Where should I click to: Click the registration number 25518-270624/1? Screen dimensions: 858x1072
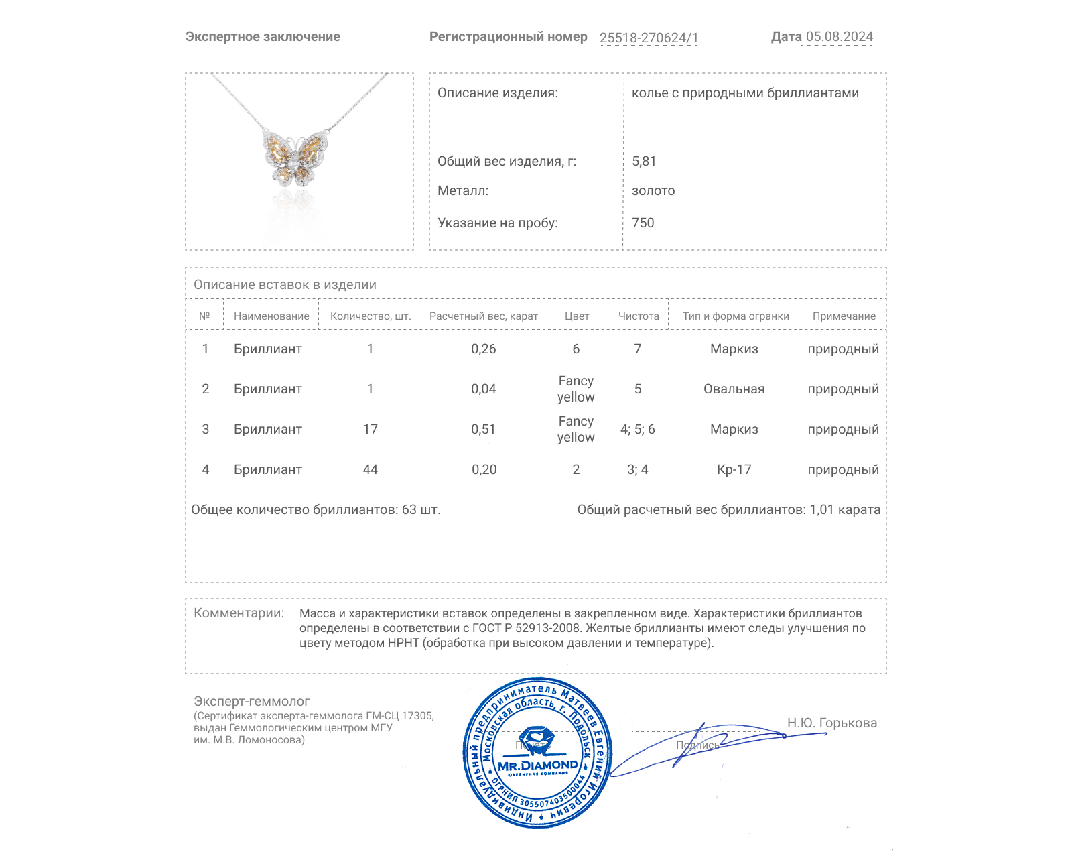649,38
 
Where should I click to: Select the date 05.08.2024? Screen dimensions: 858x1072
839,37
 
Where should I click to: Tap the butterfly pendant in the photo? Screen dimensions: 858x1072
295,158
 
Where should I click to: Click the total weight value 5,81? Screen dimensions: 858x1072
644,162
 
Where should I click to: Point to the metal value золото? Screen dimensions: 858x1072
653,191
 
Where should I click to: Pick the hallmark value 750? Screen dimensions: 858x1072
643,223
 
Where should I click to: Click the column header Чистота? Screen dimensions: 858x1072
639,316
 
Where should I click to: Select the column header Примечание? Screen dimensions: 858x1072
844,316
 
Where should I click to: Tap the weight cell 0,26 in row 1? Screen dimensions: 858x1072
483,349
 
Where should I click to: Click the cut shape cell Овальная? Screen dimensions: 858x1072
734,389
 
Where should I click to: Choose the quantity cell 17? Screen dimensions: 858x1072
370,430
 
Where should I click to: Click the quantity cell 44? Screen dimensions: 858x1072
370,470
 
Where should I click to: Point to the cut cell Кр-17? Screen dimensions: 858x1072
734,470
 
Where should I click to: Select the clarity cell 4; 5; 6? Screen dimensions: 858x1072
637,430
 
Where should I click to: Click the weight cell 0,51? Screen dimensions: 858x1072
483,430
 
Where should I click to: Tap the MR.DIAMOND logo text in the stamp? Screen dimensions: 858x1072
537,765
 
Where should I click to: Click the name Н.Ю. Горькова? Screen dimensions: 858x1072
831,723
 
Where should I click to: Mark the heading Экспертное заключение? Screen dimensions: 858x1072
263,37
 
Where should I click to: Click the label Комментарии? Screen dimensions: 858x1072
239,613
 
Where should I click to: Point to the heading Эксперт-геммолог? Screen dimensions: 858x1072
251,702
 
